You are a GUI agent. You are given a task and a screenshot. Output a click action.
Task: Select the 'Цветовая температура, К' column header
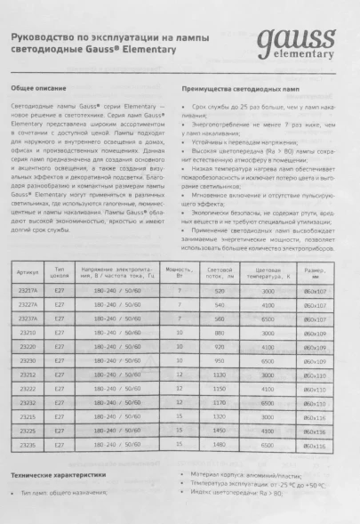pos(268,270)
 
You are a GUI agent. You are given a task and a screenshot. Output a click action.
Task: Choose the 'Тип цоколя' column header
pos(60,270)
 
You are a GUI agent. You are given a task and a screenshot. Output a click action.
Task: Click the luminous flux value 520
pos(219,290)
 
